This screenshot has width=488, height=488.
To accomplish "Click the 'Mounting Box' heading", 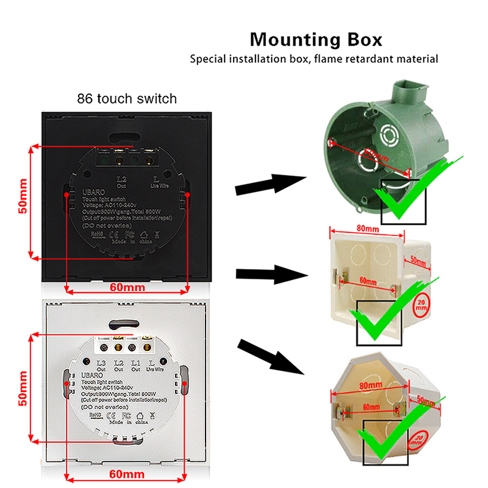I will click(316, 40).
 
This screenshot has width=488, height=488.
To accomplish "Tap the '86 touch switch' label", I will click(127, 98).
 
